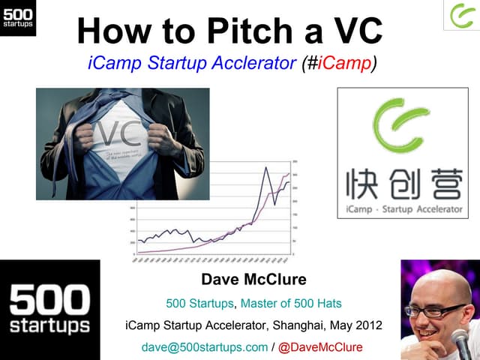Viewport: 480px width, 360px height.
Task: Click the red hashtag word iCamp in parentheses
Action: pyautogui.click(x=344, y=63)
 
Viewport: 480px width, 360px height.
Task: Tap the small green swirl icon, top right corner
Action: pyautogui.click(x=460, y=15)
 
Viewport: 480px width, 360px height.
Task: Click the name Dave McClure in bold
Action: pyautogui.click(x=253, y=280)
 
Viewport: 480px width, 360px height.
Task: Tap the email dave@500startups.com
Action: pyautogui.click(x=204, y=347)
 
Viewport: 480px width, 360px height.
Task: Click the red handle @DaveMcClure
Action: pyautogui.click(x=320, y=347)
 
